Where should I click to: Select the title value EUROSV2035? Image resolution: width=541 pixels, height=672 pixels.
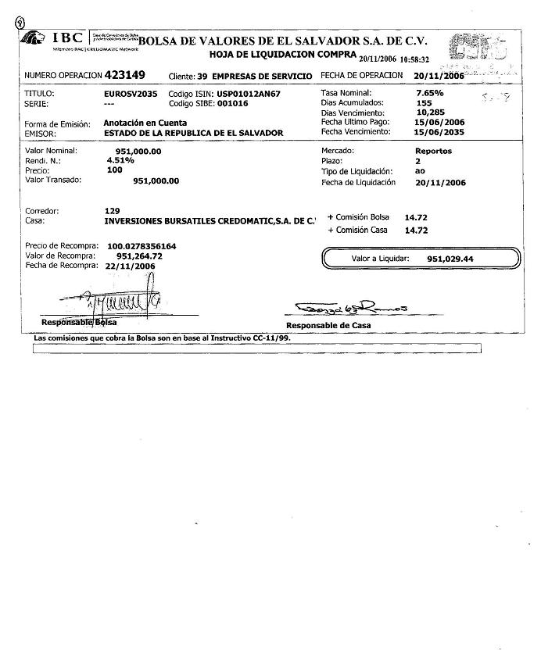pos(125,93)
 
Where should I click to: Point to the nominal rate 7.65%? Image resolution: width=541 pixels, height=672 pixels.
pos(429,93)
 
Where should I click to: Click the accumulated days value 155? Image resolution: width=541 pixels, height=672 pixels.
pos(425,103)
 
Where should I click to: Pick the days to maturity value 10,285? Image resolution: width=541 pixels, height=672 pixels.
pos(430,113)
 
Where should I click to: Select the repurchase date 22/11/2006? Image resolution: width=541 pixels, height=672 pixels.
pos(130,266)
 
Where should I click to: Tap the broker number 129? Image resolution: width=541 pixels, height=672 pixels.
pos(111,211)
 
